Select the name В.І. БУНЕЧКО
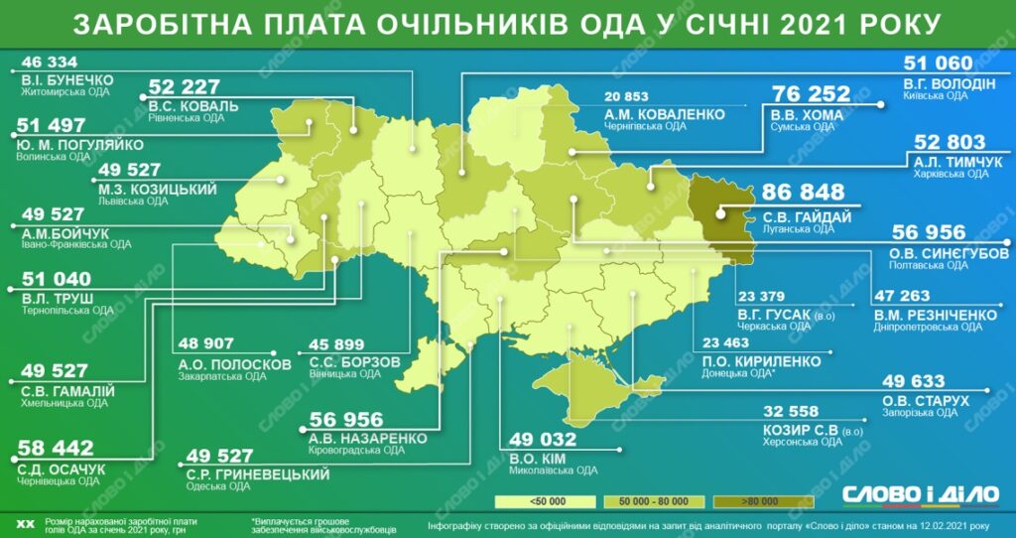coord(67,79)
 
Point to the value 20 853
coord(629,96)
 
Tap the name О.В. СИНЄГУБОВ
coord(937,252)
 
